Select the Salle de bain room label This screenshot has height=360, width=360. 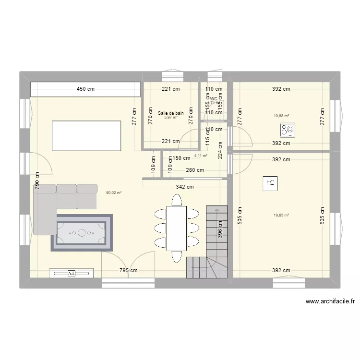coord(170,113)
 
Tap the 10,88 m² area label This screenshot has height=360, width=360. coord(281,116)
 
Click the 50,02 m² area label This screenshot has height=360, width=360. coord(114,192)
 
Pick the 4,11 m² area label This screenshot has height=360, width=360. coord(201,156)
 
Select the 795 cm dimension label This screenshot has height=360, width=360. coord(128,270)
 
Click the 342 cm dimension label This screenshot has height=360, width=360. coord(184,187)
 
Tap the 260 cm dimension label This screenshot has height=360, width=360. coord(194,170)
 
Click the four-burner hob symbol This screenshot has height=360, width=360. coord(288,130)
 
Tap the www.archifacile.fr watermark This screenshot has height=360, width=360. coord(330,302)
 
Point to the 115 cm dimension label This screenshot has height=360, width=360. coord(207,139)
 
